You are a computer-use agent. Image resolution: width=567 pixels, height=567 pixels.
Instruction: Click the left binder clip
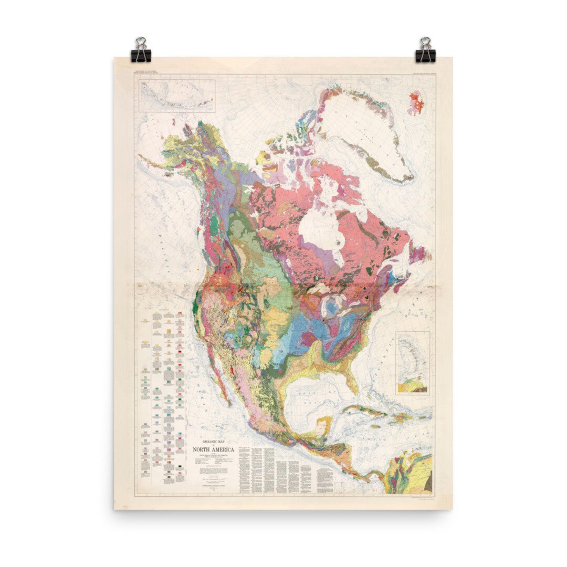(x=141, y=50)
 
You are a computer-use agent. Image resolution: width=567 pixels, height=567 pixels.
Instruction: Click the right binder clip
(x=425, y=50)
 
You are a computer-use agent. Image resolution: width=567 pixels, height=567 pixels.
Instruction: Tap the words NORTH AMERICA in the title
(x=214, y=449)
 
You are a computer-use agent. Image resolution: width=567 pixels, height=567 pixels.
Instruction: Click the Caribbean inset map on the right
(x=412, y=363)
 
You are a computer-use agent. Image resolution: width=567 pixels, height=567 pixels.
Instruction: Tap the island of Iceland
(x=416, y=103)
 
